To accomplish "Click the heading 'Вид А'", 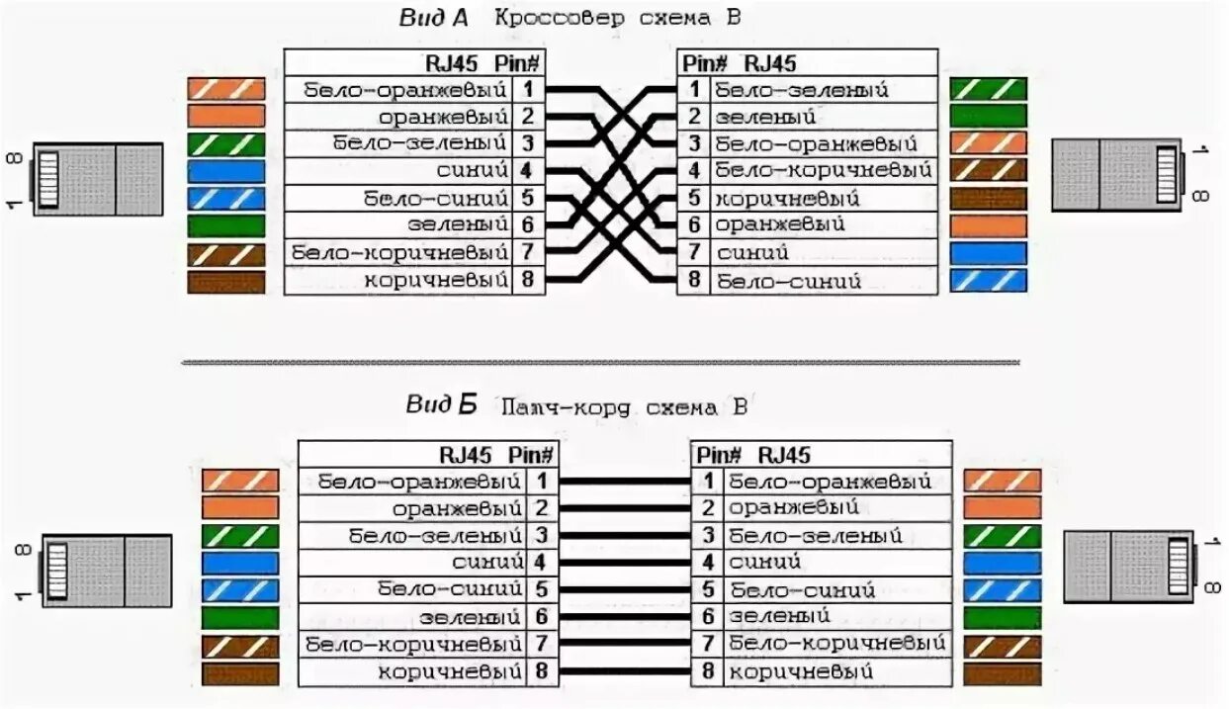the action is click(x=433, y=18).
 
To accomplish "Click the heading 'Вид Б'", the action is click(x=441, y=405).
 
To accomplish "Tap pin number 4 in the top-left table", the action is click(x=526, y=170).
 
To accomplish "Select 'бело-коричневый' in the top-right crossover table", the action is click(x=824, y=170).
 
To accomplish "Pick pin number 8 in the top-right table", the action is click(x=694, y=279).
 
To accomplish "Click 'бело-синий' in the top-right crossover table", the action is click(x=789, y=282).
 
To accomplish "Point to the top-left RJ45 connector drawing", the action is click(x=97, y=179).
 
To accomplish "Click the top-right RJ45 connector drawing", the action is click(x=1118, y=175).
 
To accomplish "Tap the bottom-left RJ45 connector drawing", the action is click(x=106, y=571).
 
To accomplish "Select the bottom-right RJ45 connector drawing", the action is click(x=1130, y=567).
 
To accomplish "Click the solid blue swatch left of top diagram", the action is click(x=226, y=171).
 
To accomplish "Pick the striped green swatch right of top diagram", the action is click(x=988, y=89).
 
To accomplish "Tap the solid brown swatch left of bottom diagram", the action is click(x=240, y=673).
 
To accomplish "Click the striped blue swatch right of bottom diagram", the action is click(x=1002, y=590).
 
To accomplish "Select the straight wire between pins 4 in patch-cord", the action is click(x=625, y=563).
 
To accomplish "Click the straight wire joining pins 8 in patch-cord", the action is click(x=625, y=671).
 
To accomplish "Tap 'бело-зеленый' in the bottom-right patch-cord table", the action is click(x=816, y=535).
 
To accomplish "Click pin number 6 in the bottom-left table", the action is click(x=542, y=617).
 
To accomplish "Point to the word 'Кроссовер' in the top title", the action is click(x=560, y=18).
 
